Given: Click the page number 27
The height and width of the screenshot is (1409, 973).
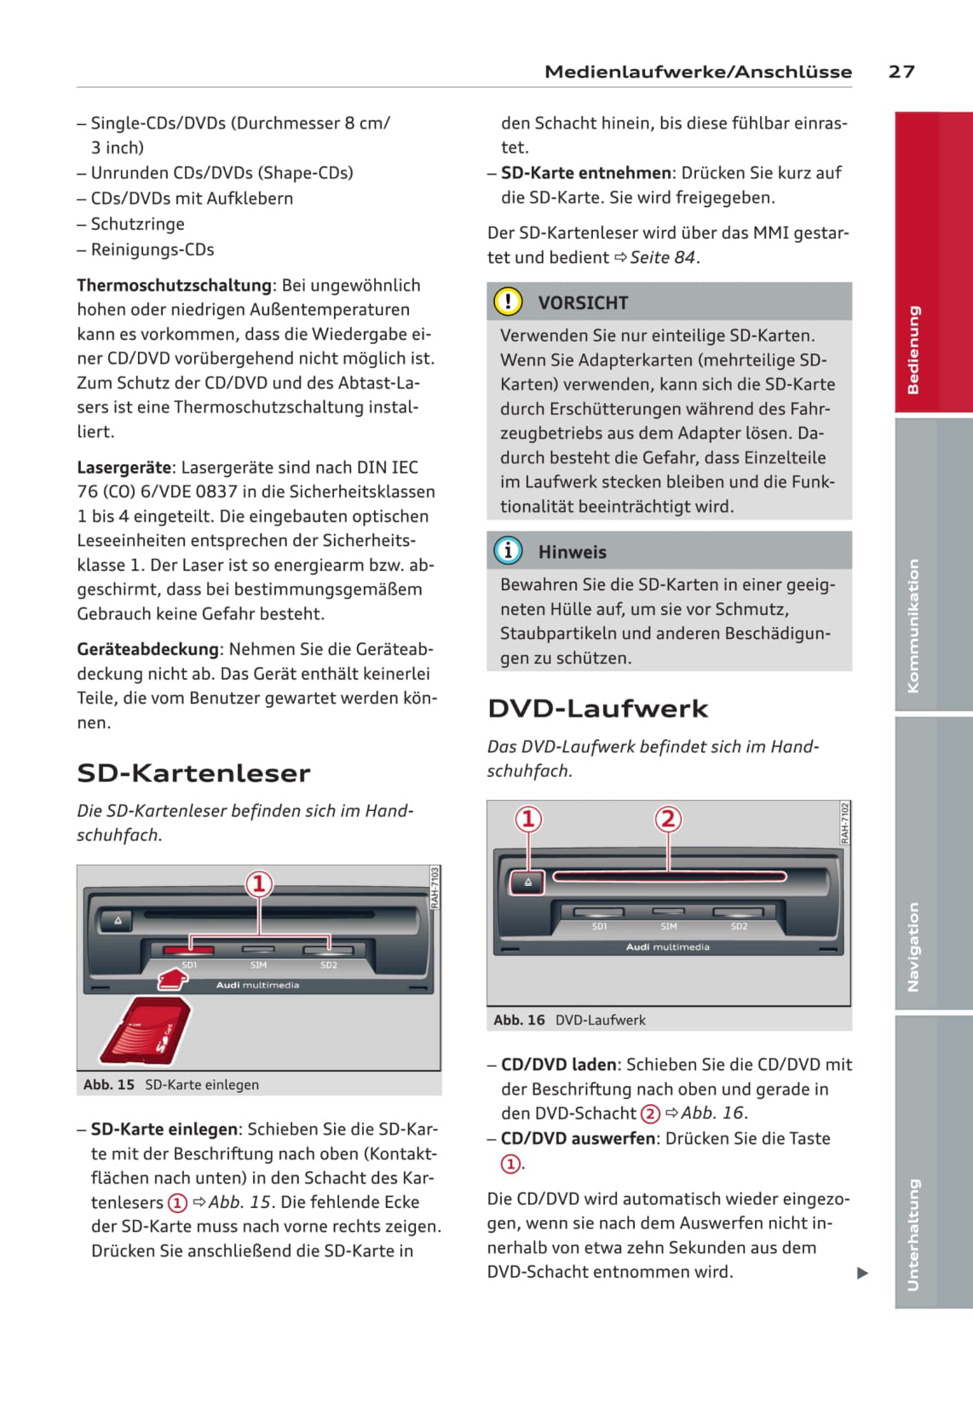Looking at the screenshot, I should click(x=901, y=72).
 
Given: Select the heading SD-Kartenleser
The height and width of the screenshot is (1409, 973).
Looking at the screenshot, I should click(x=193, y=773).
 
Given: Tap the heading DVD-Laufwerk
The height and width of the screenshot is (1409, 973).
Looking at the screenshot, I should click(x=597, y=708).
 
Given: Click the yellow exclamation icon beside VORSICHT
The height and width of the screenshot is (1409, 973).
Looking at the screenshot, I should click(x=508, y=302).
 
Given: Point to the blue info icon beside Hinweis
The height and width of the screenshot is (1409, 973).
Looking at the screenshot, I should click(x=508, y=551).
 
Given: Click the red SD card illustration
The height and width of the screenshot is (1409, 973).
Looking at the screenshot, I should click(x=145, y=1031).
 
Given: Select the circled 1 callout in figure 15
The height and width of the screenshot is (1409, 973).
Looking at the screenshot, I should click(x=259, y=883).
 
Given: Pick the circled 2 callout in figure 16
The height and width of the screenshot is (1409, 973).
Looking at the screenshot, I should click(x=668, y=819).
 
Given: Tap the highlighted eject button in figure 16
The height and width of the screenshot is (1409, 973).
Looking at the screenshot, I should click(x=527, y=882).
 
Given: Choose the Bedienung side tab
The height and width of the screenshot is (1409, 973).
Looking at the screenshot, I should click(x=913, y=349).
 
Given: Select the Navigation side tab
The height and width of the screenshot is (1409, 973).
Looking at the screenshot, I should click(x=913, y=946).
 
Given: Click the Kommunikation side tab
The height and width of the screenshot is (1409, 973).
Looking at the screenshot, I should click(x=913, y=625).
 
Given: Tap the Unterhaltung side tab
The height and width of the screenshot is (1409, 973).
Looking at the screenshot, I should click(x=913, y=1234).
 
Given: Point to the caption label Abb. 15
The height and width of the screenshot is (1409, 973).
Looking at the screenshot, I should click(x=109, y=1084).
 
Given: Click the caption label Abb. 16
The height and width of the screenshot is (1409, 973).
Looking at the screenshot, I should click(x=519, y=1020).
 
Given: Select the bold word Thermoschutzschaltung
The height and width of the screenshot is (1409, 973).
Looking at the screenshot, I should click(x=175, y=285).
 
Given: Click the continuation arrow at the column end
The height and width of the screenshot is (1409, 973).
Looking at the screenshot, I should click(x=862, y=1273).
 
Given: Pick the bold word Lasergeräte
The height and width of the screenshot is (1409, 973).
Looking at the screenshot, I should click(x=124, y=467).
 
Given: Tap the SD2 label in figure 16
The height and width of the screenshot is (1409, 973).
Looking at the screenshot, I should click(x=739, y=926).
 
